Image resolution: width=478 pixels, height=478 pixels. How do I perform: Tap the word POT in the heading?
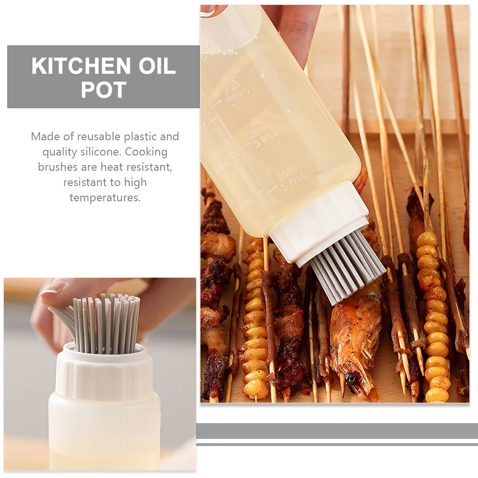click(104, 90)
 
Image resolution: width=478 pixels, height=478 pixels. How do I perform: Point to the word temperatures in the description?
click(105, 197)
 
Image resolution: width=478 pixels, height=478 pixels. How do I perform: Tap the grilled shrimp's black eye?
click(351, 378)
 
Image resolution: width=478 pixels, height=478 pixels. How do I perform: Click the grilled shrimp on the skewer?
click(353, 334)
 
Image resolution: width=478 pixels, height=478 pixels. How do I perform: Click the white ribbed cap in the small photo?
click(105, 372)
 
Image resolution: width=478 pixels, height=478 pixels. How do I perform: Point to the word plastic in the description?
click(140, 136)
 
